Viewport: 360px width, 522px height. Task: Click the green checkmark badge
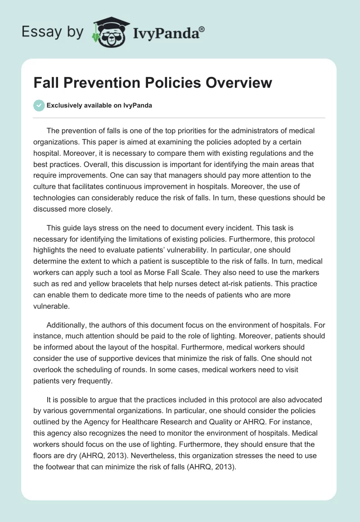(39, 105)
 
